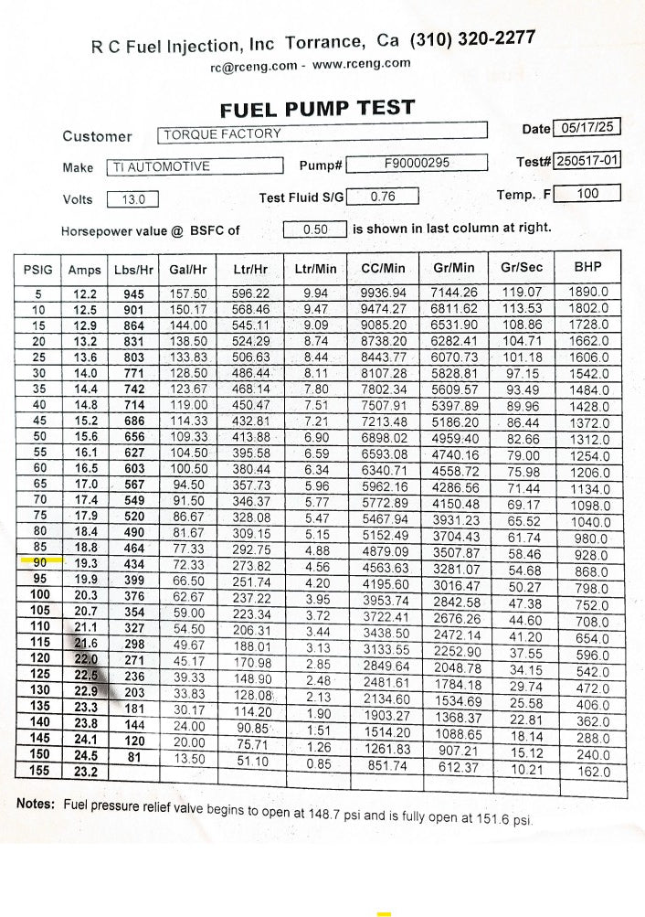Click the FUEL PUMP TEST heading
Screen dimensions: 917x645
click(317, 109)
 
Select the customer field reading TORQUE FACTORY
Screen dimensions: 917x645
click(322, 133)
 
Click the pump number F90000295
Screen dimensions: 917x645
click(417, 164)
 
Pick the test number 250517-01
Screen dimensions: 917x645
click(587, 161)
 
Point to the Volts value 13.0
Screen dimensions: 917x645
click(132, 199)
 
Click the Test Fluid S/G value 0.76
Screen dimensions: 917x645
click(382, 196)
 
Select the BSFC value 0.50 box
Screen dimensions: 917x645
click(314, 229)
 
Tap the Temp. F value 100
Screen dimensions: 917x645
click(587, 193)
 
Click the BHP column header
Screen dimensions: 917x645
click(587, 268)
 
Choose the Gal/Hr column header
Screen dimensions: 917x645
click(187, 270)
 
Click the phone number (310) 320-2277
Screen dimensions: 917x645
click(472, 39)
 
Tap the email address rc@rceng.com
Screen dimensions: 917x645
click(253, 66)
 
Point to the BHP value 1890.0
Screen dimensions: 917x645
click(588, 293)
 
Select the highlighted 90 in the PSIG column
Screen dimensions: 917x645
click(38, 563)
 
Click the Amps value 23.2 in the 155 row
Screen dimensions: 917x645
click(86, 772)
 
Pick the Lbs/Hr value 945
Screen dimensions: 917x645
click(133, 294)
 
